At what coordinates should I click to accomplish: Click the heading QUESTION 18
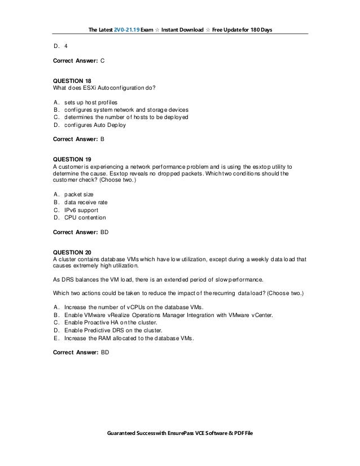(71, 81)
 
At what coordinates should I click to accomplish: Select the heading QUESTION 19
(71, 160)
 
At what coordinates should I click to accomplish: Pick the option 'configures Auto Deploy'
(95, 125)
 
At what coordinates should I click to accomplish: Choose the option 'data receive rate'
(85, 202)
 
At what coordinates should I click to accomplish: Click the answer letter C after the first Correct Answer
(102, 59)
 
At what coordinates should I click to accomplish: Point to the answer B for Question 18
(102, 137)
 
